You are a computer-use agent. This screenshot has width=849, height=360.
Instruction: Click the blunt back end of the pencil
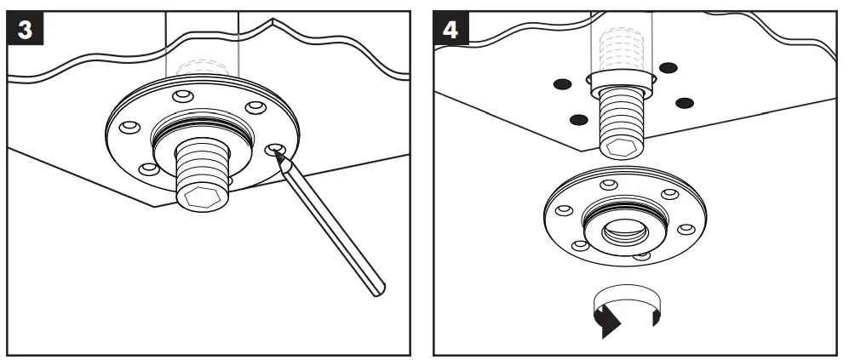[381, 292]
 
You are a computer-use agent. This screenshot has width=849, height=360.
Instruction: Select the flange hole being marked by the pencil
[274, 151]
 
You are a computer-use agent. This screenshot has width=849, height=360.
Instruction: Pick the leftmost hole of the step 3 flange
[129, 127]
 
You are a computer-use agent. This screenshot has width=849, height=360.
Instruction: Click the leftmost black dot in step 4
[560, 83]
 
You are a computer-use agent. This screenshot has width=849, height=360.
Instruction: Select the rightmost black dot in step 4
[685, 103]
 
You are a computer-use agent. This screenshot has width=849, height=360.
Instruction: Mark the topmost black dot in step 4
[668, 67]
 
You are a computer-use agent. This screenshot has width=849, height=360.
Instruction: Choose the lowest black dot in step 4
[578, 118]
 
